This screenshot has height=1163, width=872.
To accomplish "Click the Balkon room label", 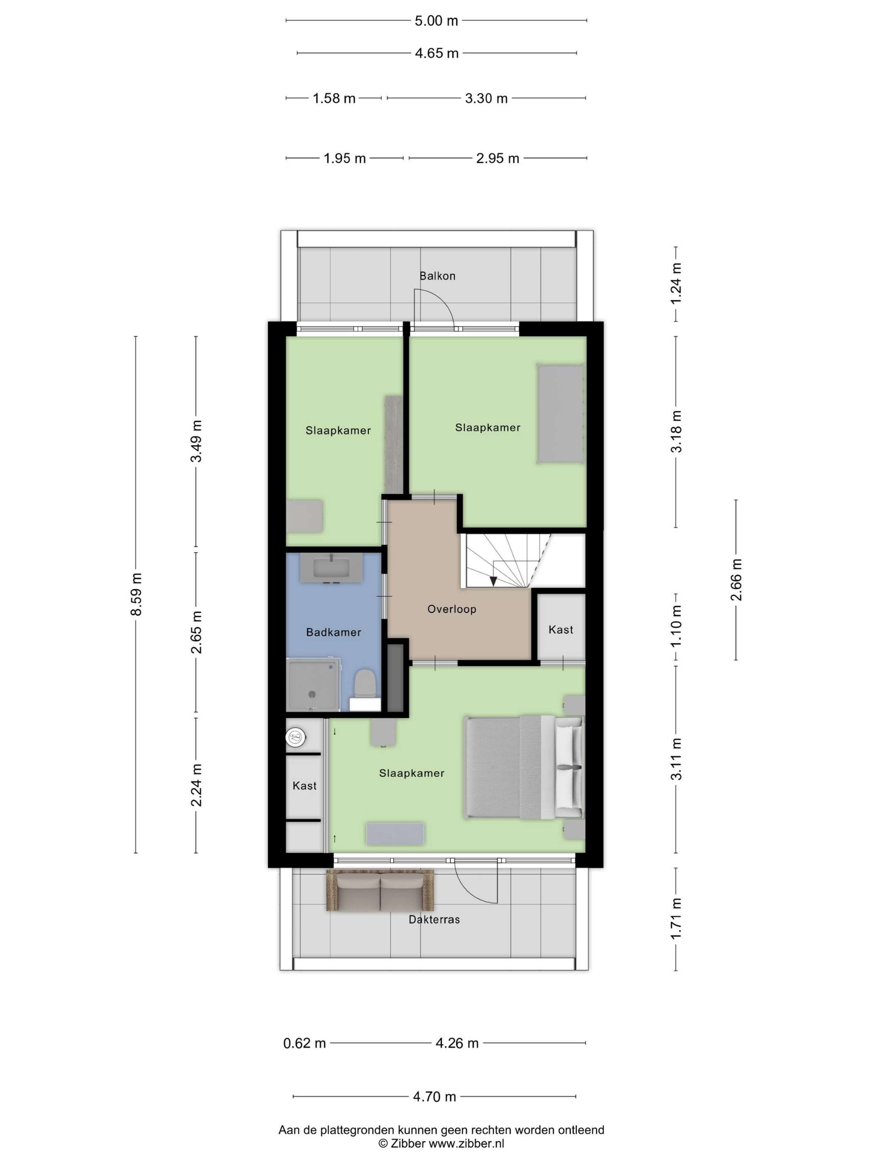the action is pos(437,276).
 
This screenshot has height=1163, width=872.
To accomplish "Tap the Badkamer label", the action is pos(334,633).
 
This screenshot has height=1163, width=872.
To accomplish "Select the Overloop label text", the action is pos(451,609).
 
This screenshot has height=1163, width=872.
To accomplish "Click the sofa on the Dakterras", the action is pos(380,890).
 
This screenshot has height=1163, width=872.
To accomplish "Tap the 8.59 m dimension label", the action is pos(136,594).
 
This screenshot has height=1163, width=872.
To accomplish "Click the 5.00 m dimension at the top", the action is pos(436,21).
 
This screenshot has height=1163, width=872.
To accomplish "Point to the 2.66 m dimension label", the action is pos(736,580).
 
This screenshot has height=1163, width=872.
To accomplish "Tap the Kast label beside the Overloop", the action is pos(561,630).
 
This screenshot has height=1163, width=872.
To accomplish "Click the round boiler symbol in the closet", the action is pos(296,738).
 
